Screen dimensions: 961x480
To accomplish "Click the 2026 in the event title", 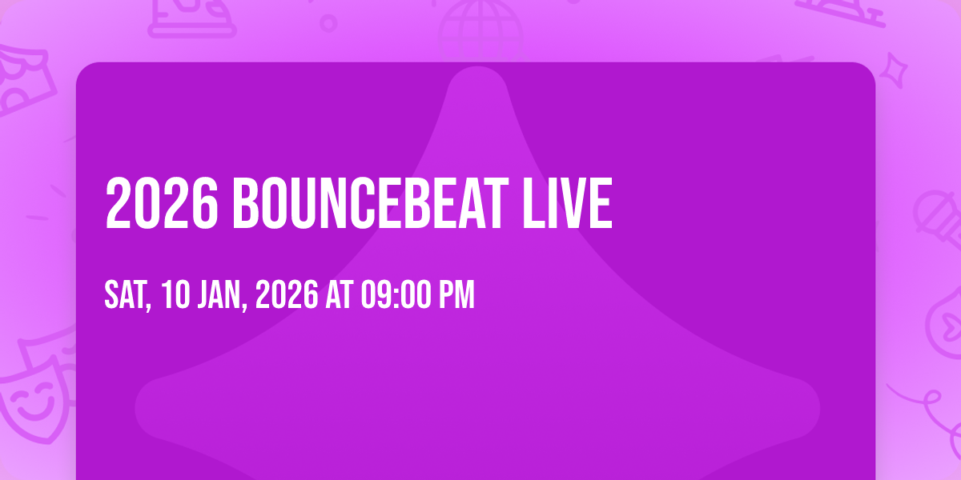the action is [x=162, y=204].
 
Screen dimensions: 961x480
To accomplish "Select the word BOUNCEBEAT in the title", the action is [x=371, y=204].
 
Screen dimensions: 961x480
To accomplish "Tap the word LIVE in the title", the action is [x=567, y=204].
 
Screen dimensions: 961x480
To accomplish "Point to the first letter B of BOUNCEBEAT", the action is [x=246, y=204].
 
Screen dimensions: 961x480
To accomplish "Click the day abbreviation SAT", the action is [x=127, y=295].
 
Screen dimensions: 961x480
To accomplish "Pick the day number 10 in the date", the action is [x=175, y=294].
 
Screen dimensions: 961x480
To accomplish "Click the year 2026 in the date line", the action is [x=287, y=294].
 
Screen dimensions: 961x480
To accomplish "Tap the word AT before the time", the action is [x=339, y=294].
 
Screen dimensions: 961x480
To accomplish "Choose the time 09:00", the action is [x=395, y=294].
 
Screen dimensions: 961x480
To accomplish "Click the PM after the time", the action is [x=456, y=294].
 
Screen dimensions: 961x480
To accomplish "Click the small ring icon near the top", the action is [x=328, y=23].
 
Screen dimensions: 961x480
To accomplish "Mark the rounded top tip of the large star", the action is [x=477, y=69].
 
